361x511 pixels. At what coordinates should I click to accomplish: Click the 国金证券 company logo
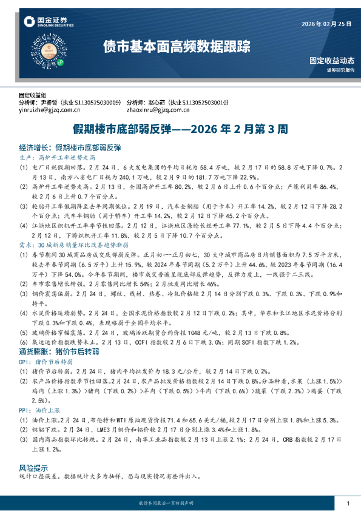[46, 21]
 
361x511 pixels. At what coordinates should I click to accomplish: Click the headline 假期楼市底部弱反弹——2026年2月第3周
[180, 129]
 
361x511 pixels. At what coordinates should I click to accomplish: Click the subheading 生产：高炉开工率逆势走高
[55, 157]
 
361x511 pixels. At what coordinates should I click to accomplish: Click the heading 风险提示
[33, 469]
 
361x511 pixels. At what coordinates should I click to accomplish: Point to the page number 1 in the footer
[348, 504]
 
